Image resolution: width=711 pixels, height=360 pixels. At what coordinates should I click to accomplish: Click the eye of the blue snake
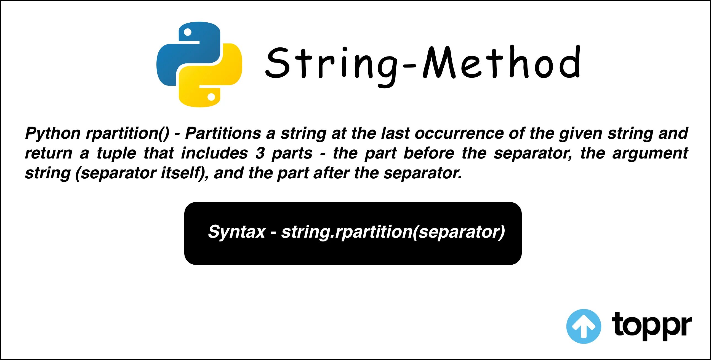[x=188, y=32]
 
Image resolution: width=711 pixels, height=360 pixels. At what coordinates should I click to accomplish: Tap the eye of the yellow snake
[x=211, y=97]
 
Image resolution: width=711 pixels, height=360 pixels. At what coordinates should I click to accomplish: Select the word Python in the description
[x=53, y=133]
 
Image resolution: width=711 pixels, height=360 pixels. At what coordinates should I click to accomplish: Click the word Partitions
[x=223, y=133]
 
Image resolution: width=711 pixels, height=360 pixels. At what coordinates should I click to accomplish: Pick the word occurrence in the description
[x=459, y=133]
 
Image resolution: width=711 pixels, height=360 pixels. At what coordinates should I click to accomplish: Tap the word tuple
[x=116, y=153]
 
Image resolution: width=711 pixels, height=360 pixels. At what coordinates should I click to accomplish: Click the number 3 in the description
[x=260, y=153]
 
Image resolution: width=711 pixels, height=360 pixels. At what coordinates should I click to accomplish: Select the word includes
[x=214, y=153]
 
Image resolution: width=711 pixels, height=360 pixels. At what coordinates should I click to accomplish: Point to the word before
[x=429, y=153]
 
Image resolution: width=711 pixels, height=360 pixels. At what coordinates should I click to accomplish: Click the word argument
[x=650, y=153]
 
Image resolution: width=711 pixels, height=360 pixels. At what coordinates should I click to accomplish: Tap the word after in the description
[x=331, y=173]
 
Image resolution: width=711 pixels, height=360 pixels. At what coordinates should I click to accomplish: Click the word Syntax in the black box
[x=236, y=232]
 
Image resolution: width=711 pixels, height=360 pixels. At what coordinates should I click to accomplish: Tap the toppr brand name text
[x=652, y=326]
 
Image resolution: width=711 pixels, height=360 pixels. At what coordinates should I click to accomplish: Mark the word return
[x=49, y=153]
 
